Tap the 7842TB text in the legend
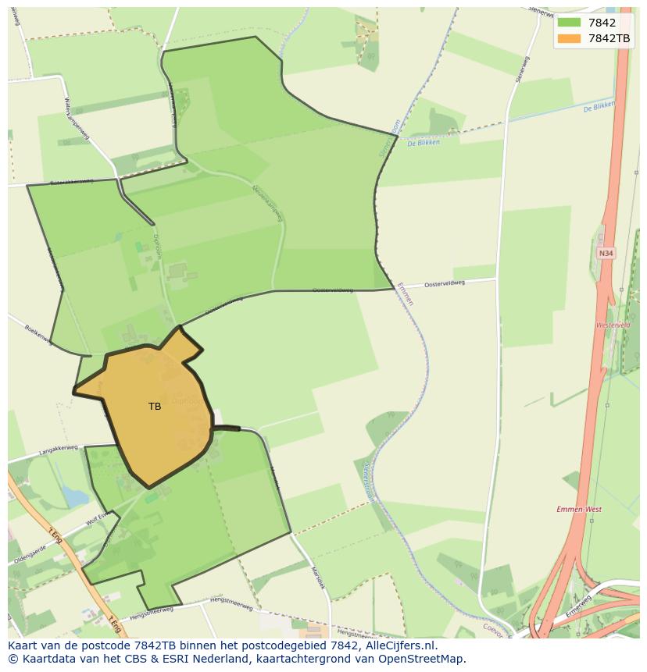[609, 38]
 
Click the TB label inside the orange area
[155, 407]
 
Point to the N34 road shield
[606, 253]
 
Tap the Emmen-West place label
[579, 510]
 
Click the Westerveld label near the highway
[613, 325]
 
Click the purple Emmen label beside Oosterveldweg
[405, 293]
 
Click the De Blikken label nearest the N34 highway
[599, 107]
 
